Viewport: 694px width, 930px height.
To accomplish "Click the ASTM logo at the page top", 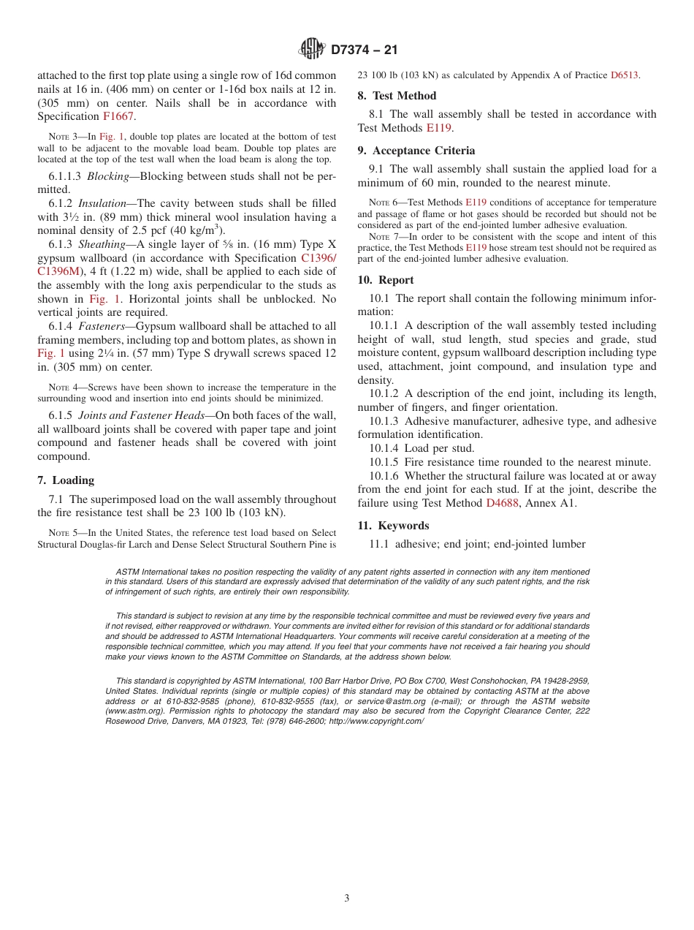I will coord(312,49).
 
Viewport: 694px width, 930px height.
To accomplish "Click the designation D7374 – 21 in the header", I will coord(364,50).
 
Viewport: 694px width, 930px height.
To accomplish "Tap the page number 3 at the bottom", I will coord(347,898).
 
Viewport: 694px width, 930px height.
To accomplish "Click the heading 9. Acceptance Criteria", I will coord(416,151).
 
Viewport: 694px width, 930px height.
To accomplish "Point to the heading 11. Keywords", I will coord(393,526).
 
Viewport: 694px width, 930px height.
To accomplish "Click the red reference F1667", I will coord(119,116).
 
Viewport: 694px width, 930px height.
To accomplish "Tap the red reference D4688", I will coord(502,503).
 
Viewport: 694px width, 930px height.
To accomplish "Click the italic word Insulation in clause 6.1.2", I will coord(103,203).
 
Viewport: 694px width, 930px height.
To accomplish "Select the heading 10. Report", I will coord(386,280).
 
